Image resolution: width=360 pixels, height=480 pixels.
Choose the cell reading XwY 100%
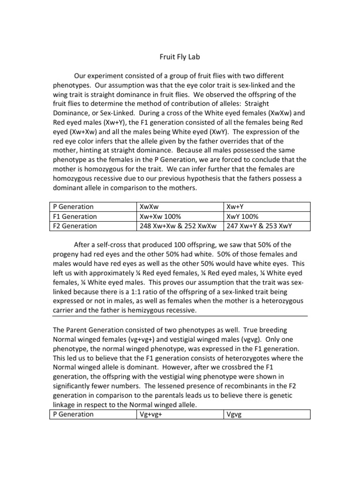(242, 217)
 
